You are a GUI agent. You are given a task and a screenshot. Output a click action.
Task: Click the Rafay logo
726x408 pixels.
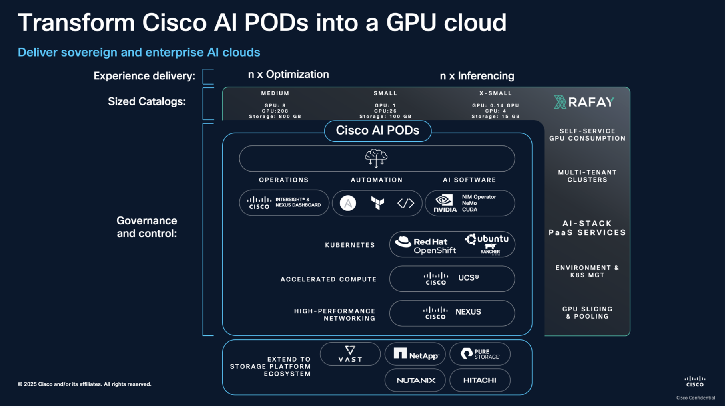pos(584,102)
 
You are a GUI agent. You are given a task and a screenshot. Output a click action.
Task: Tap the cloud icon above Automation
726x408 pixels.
pos(376,158)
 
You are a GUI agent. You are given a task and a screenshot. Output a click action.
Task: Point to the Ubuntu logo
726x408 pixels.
pos(487,240)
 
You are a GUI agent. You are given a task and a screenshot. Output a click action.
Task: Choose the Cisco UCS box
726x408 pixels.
pos(452,279)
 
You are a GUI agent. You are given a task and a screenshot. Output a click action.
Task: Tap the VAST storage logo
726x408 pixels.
pos(350,354)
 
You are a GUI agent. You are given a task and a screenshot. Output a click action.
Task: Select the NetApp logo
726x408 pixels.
pos(416,354)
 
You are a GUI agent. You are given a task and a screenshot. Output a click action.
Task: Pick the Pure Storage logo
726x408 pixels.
pos(480,354)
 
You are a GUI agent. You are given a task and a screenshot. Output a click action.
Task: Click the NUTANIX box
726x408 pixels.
pos(416,380)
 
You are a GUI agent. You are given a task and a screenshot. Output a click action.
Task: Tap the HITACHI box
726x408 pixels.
pos(480,380)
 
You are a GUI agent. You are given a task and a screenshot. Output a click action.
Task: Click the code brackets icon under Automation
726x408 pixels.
pos(405,203)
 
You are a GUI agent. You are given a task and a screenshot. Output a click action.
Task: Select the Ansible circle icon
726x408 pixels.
pos(348,203)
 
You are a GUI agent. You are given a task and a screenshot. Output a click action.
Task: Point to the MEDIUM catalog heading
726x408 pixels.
pos(275,93)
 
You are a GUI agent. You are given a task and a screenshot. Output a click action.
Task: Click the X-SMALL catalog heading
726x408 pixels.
pos(495,93)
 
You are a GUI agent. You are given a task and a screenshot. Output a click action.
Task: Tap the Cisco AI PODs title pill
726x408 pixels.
pos(377,131)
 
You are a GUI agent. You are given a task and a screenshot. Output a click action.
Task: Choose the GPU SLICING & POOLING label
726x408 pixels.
pos(587,313)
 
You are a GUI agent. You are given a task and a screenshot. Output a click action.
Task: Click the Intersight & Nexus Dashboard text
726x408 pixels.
pos(298,202)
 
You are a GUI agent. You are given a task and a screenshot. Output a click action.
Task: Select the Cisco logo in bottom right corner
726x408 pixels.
pos(695,381)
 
